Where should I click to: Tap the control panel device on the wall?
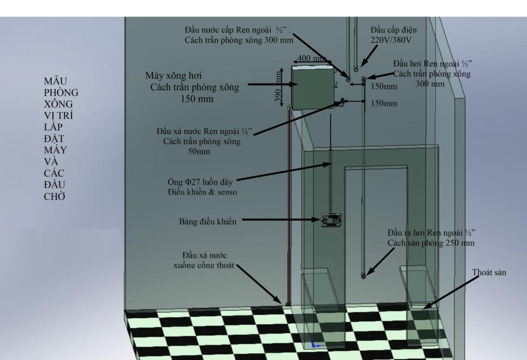331,220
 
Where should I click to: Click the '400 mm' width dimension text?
311,58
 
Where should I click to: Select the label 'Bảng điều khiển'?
207,222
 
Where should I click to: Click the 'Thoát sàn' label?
489,273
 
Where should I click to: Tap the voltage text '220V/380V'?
391,40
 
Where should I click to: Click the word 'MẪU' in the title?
55,81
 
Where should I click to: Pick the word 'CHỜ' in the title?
55,196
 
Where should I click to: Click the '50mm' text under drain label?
199,151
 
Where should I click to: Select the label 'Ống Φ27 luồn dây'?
200,182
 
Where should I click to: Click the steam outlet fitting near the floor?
363,276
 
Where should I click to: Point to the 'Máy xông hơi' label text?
173,76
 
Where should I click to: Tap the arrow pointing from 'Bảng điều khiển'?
281,220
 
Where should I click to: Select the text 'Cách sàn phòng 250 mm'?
431,243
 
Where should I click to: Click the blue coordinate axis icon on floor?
314,345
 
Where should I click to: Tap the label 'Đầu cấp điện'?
394,30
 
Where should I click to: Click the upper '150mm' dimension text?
384,86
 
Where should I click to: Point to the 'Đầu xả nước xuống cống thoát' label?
204,260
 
